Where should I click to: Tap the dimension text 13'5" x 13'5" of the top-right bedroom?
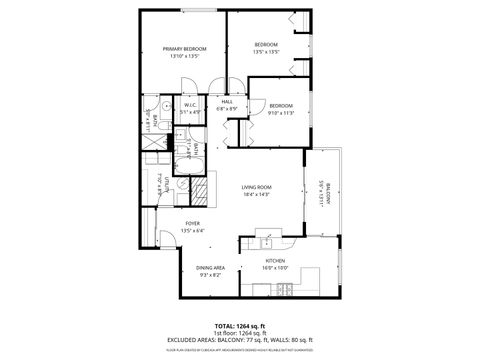click(x=265, y=51)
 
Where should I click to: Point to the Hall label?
click(x=227, y=101)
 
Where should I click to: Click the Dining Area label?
click(x=209, y=267)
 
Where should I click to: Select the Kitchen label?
click(x=275, y=261)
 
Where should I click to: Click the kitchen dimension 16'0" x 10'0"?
click(x=275, y=268)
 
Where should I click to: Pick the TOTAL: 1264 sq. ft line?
click(x=240, y=326)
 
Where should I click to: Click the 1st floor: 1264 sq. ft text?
click(x=240, y=333)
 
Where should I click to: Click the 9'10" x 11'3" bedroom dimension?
click(x=281, y=113)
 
